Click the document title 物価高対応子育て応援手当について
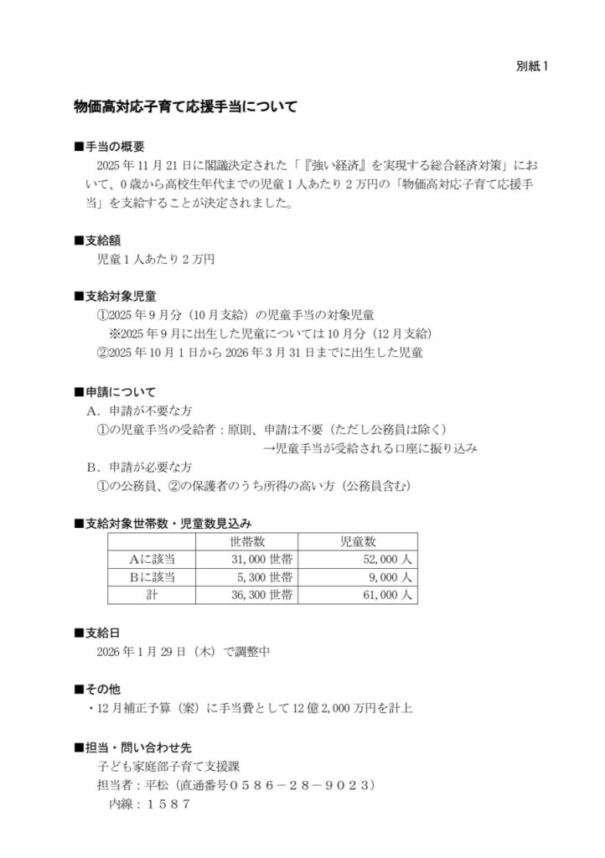pyautogui.click(x=185, y=108)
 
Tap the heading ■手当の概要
pyautogui.click(x=110, y=146)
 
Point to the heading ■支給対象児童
pyautogui.click(x=116, y=297)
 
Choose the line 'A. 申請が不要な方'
pyautogui.click(x=139, y=411)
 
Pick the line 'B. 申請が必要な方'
pyautogui.click(x=139, y=467)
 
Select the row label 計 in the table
pyautogui.click(x=152, y=595)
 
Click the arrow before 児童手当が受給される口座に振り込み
pyautogui.click(x=268, y=448)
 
